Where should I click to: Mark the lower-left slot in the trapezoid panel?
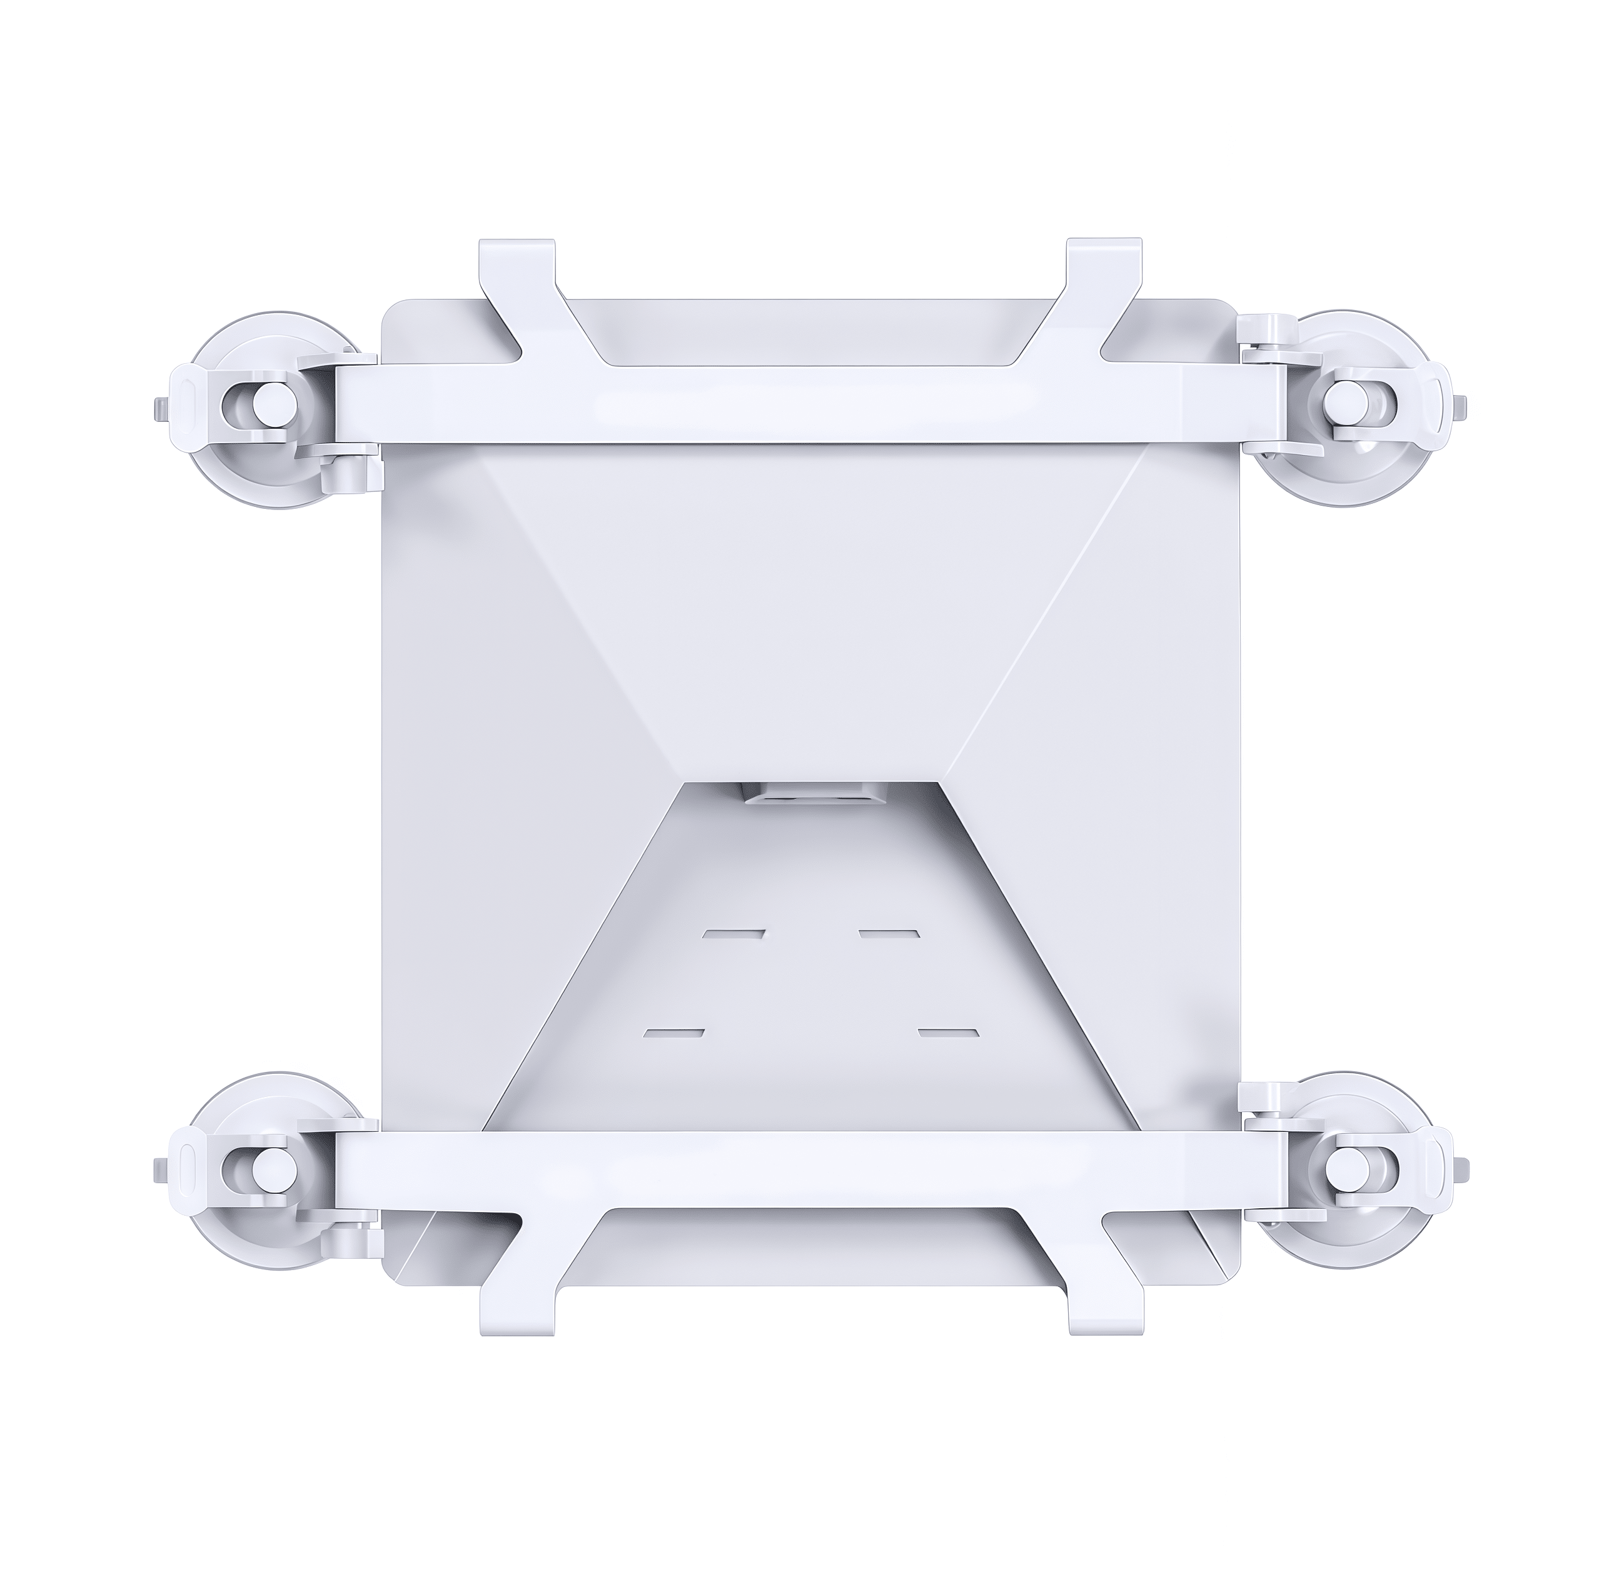pyautogui.click(x=675, y=1034)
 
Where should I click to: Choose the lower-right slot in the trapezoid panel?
pyautogui.click(x=949, y=1034)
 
